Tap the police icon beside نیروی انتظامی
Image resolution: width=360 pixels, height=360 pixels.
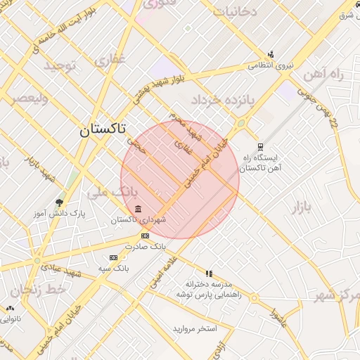(271, 55)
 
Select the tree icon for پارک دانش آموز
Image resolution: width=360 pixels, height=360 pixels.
(59, 202)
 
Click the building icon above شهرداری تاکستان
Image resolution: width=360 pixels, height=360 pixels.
(138, 210)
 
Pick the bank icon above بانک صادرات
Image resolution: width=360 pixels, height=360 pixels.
(145, 236)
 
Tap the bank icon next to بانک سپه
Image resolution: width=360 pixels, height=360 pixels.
(114, 258)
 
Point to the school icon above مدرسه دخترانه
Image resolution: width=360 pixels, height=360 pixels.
(209, 274)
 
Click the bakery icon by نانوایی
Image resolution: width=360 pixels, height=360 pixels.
(10, 308)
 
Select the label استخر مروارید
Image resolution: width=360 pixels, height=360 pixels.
(195, 328)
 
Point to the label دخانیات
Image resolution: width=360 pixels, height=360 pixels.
(235, 12)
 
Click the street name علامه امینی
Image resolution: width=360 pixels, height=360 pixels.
(164, 272)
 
